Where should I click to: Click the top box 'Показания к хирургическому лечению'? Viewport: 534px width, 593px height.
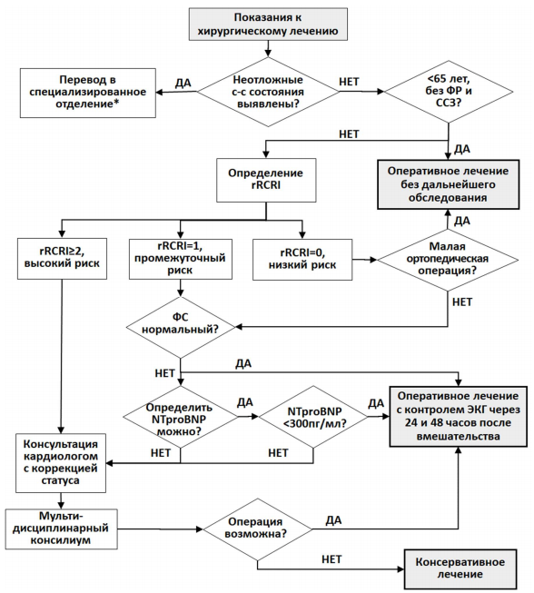[268, 25]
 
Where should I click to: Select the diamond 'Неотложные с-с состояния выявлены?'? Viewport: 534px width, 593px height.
[268, 92]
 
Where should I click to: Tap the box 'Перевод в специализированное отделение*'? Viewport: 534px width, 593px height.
[88, 93]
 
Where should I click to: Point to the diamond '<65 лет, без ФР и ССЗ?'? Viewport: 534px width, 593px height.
[449, 92]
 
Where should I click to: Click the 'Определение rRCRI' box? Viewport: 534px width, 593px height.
[266, 180]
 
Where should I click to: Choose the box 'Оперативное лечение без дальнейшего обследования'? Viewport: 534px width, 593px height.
[448, 184]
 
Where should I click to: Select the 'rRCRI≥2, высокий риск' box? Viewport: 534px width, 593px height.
[62, 259]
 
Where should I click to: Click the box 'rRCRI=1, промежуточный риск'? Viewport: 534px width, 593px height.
[181, 259]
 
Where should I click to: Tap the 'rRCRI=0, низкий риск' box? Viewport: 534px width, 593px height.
[302, 260]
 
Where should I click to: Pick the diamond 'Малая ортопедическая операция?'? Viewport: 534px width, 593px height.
[448, 260]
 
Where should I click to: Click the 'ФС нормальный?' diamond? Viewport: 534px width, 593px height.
[181, 327]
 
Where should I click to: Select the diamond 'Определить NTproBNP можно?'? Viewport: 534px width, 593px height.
[181, 417]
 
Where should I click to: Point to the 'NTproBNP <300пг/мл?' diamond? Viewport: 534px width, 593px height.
[313, 417]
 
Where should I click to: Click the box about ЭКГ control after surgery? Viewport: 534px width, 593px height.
[459, 417]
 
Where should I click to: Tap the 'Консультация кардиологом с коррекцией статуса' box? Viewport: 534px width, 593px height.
[61, 463]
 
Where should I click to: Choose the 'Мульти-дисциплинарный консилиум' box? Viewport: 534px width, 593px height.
[61, 529]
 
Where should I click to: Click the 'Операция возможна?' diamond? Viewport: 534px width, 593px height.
[258, 529]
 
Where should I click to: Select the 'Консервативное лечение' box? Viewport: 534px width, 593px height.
[460, 568]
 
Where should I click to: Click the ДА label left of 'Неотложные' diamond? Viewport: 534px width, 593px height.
[183, 83]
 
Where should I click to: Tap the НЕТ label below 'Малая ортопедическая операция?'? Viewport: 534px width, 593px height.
[462, 301]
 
